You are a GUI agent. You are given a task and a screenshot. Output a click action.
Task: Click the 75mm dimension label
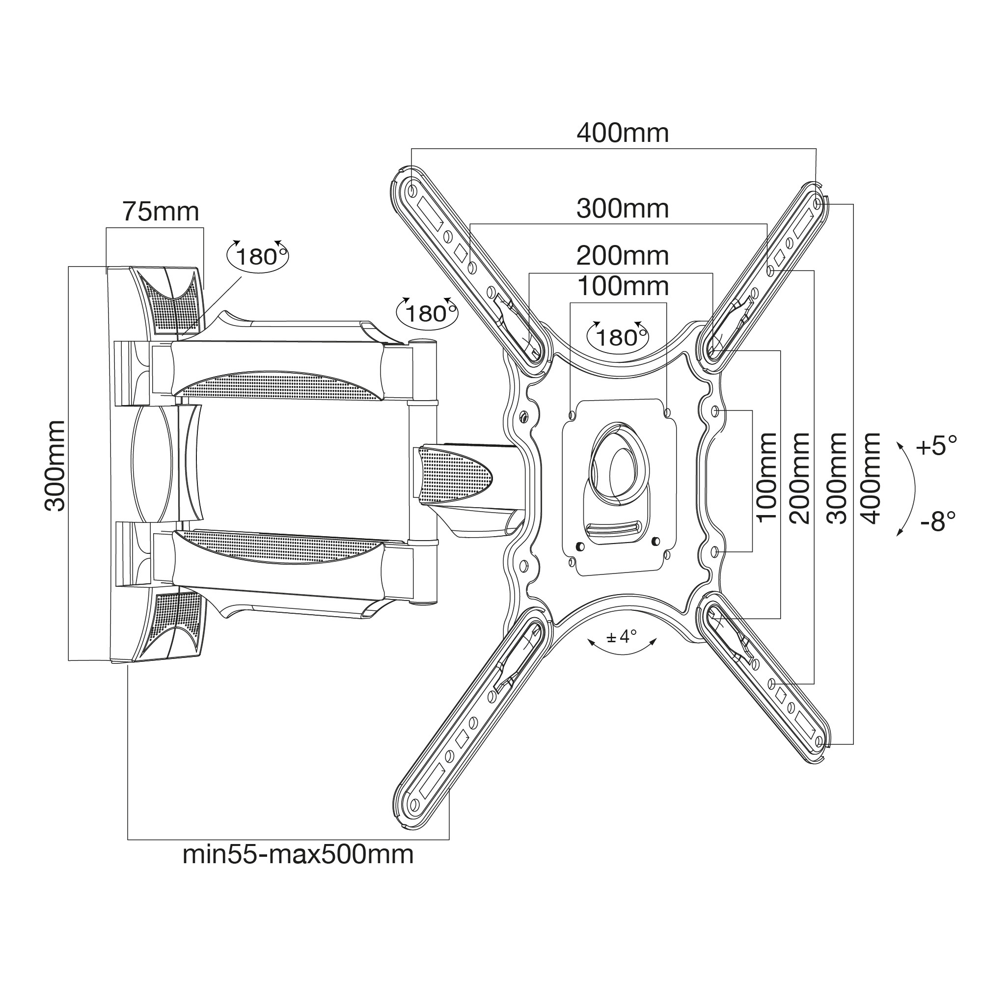coord(161,212)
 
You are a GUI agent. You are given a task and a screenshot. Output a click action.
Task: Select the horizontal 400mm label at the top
coord(622,133)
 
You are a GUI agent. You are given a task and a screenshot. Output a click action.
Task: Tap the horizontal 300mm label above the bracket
coord(622,208)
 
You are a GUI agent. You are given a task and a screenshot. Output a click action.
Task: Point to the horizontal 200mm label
coord(622,255)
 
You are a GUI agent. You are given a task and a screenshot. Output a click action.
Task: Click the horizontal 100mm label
coord(623,287)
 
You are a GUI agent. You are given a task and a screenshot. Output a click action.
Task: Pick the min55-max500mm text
coord(298,854)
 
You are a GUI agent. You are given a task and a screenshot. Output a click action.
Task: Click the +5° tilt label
coord(936,446)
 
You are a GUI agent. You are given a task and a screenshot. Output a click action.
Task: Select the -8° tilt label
coord(938,520)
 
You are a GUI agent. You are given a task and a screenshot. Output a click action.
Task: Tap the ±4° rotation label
coord(622,636)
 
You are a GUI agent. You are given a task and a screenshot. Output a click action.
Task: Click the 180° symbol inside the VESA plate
coord(618,335)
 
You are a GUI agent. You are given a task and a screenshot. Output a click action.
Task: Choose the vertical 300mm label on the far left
coord(55,465)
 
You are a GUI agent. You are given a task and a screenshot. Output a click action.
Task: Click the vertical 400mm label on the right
coord(871,478)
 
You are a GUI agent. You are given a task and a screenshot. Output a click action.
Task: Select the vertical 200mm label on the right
coord(799,478)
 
